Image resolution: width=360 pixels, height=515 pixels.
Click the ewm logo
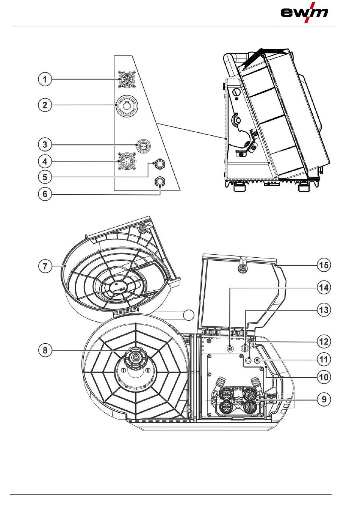[304, 13]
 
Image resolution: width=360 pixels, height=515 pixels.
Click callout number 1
[45, 80]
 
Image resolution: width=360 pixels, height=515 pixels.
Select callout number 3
[45, 144]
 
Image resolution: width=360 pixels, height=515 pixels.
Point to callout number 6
[45, 195]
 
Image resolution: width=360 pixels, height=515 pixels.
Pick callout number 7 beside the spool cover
[45, 266]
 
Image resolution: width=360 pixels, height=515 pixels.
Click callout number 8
[45, 350]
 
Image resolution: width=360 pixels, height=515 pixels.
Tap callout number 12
[323, 341]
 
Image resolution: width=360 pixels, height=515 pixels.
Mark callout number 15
[323, 265]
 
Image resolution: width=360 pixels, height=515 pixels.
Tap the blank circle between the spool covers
[188, 315]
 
